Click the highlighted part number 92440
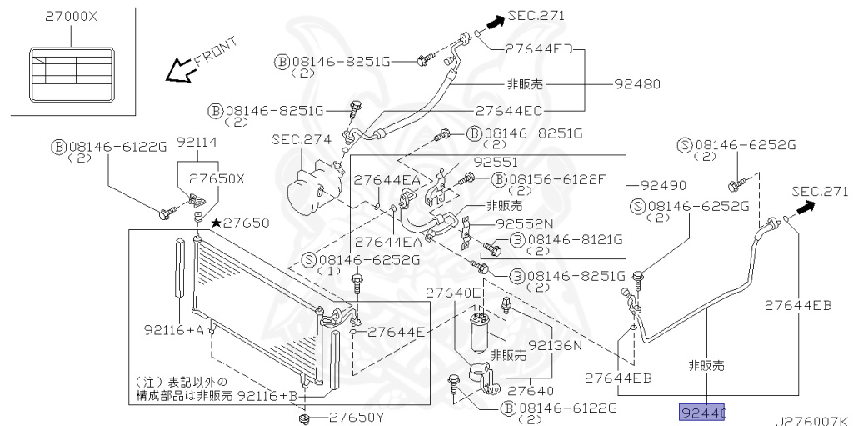[x=703, y=413]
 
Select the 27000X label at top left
[x=71, y=17]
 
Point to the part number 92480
[x=637, y=84]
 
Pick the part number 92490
[x=663, y=185]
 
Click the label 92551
[x=496, y=162]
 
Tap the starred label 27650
[x=240, y=223]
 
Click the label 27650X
[x=217, y=179]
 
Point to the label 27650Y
[x=357, y=418]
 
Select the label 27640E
[x=453, y=293]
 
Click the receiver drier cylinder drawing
[x=482, y=333]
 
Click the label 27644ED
[x=539, y=48]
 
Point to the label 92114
[x=197, y=143]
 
